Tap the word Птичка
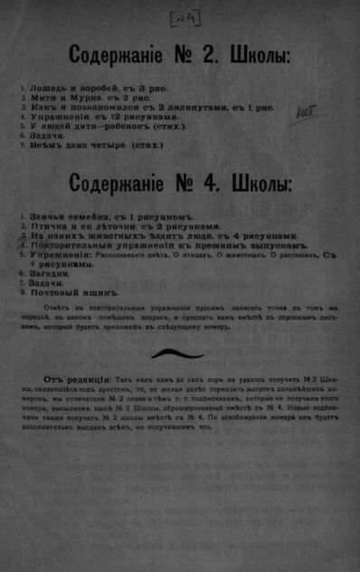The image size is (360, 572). [48, 227]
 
